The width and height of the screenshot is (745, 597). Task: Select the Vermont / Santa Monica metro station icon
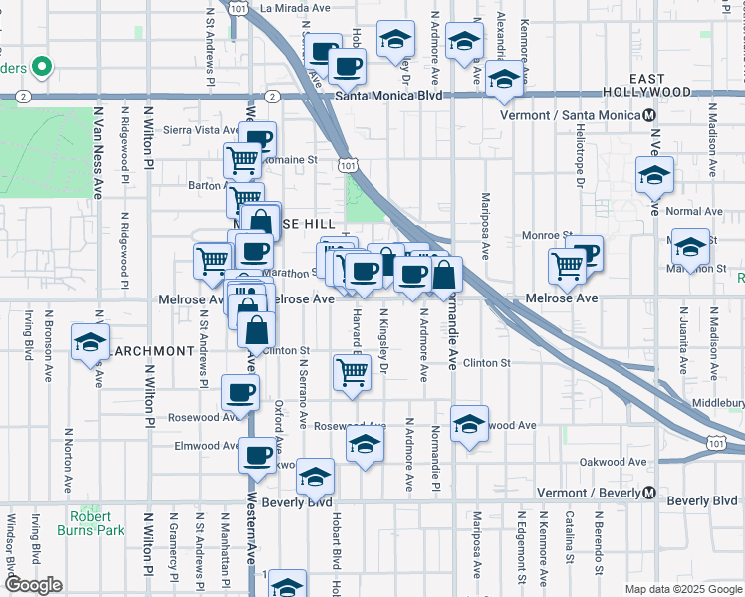pos(649,115)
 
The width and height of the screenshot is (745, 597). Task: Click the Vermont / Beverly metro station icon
pos(648,493)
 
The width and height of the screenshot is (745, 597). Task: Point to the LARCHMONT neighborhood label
pos(150,351)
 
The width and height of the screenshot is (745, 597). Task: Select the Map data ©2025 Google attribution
pos(683,589)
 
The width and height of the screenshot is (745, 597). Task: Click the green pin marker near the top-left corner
pos(41,67)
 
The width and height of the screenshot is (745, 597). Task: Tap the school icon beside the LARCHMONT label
pos(90,343)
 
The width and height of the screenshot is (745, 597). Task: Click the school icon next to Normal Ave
pos(654,176)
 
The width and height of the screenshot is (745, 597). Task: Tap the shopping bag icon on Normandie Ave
pos(445,275)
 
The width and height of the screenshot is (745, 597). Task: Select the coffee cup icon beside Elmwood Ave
pos(256,456)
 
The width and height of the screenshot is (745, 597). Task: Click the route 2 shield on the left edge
pos(22,97)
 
